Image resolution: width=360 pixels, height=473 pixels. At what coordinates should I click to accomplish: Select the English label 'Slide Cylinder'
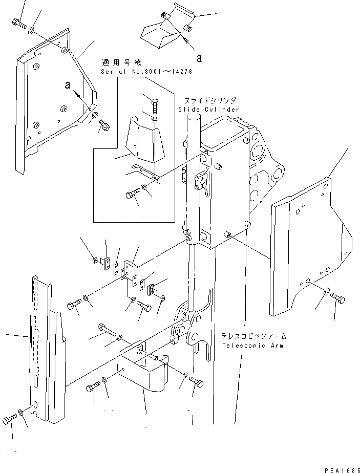tap(208, 110)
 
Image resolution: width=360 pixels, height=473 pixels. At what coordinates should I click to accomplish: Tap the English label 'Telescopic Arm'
tap(253, 346)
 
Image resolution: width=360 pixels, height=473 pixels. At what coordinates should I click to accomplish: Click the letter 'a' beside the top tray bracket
tap(199, 58)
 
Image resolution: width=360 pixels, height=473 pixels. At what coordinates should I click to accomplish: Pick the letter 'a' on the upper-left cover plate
tap(68, 85)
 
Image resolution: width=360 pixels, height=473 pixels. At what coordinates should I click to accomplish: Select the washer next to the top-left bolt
tap(32, 30)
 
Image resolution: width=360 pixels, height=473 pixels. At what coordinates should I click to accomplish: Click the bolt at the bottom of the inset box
tap(131, 195)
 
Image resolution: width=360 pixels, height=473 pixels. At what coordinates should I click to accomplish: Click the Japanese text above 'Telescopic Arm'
tap(253, 336)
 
